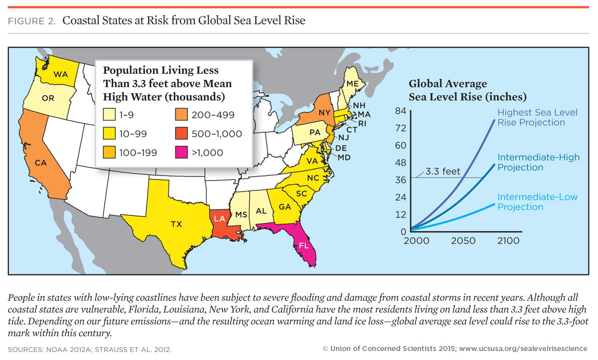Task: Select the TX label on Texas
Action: [x=176, y=224]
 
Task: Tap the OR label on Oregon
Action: [x=48, y=98]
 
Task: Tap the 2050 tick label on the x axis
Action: [x=463, y=241]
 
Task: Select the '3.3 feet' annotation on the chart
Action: [x=443, y=172]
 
